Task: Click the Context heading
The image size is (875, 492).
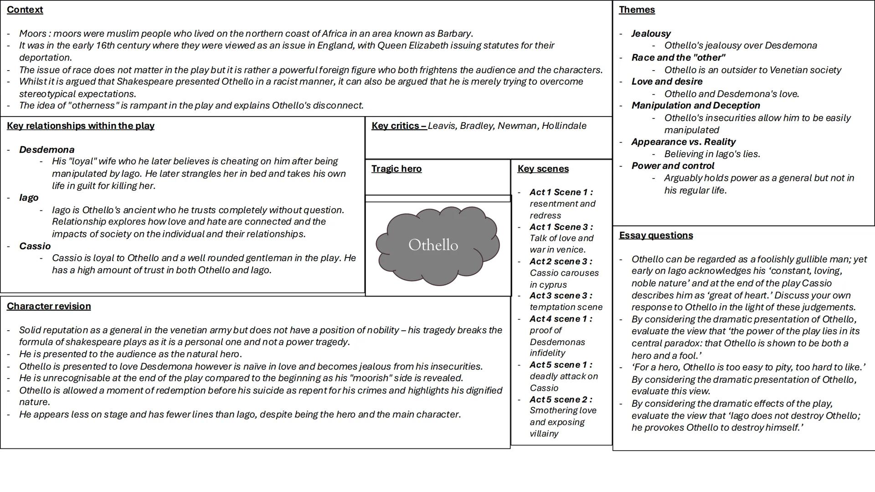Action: [x=25, y=10]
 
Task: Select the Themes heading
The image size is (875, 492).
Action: [x=637, y=10]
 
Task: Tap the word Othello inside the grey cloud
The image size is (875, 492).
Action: [x=433, y=245]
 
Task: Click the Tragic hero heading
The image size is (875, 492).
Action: [x=396, y=169]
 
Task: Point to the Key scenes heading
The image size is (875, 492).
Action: [x=543, y=169]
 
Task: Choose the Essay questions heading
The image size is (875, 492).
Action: [x=656, y=235]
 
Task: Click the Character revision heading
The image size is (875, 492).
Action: [x=49, y=306]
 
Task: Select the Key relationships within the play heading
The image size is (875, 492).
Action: [x=81, y=126]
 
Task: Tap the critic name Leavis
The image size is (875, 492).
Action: [x=442, y=126]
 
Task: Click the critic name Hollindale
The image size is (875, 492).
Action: [x=564, y=126]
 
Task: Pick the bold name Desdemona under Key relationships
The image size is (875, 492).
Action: [x=46, y=149]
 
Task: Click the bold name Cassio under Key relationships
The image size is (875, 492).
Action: [x=35, y=246]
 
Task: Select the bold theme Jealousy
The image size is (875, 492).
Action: [x=651, y=34]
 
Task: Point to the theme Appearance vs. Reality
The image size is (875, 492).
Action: [x=683, y=142]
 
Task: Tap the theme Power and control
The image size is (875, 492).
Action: [x=673, y=166]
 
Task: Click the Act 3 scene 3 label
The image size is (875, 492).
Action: [x=561, y=296]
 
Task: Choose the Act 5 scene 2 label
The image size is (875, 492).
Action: [x=561, y=400]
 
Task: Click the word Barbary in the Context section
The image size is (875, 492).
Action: [x=454, y=34]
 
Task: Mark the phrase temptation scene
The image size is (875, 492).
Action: [x=566, y=307]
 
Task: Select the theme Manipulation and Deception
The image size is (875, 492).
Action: [x=695, y=106]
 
